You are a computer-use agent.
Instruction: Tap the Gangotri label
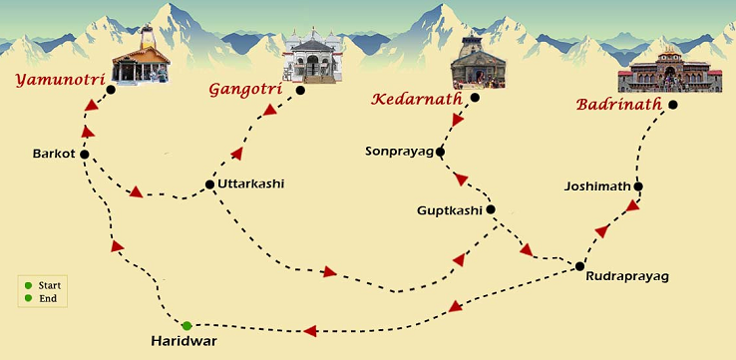click(x=240, y=89)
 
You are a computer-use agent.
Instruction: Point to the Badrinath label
click(x=619, y=104)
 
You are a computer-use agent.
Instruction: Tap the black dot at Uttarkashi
click(x=209, y=184)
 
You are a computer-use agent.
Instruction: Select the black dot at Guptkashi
click(x=491, y=209)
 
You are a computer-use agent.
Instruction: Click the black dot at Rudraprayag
click(x=579, y=265)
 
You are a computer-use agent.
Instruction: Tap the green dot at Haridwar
click(x=186, y=325)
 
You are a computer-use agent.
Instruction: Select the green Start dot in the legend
click(x=28, y=286)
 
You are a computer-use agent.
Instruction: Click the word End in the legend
click(x=47, y=298)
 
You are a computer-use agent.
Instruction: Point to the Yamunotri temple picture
click(x=140, y=62)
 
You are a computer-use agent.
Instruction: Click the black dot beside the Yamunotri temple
click(x=111, y=90)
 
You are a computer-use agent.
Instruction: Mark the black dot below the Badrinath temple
click(x=673, y=104)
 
